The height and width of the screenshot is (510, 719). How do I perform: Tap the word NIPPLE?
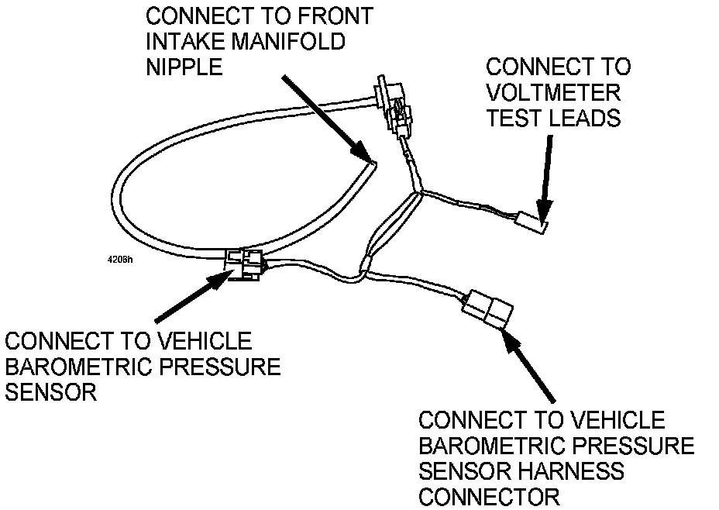[x=184, y=67]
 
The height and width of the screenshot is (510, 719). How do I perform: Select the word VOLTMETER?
[x=552, y=92]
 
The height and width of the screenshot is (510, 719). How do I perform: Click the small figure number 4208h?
[x=120, y=259]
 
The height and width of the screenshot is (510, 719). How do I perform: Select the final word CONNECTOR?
[x=489, y=496]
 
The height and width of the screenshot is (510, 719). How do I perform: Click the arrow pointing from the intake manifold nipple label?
[x=325, y=116]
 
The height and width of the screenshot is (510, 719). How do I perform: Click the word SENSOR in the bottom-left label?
[x=50, y=392]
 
